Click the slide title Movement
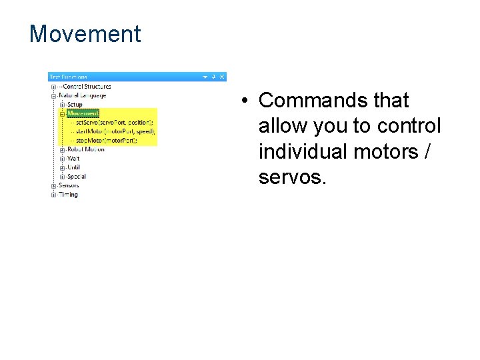(x=85, y=34)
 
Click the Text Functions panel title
(x=69, y=77)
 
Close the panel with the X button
(x=222, y=77)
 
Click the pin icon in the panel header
(x=214, y=77)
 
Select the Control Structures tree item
(x=87, y=86)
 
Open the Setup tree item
(x=75, y=104)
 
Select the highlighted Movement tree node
(x=83, y=113)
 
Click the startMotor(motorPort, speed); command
(x=115, y=131)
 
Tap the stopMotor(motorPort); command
(x=106, y=141)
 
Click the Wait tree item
(x=73, y=159)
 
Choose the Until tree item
(x=73, y=167)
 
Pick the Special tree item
(x=76, y=177)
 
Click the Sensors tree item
(x=68, y=185)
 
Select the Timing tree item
(x=68, y=195)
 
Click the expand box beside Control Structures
(x=53, y=86)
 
